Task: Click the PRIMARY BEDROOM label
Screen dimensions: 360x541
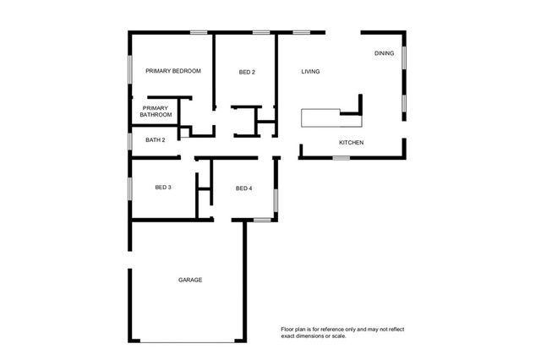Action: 173,71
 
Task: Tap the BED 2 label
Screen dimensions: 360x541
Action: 247,72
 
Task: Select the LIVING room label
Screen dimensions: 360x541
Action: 310,72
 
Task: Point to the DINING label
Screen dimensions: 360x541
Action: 384,53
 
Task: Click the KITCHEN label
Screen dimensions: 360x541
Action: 351,143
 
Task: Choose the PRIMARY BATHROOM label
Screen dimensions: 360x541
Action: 156,112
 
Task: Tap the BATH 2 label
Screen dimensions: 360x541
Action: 156,139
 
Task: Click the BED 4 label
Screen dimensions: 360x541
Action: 243,188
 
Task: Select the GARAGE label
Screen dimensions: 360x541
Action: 189,280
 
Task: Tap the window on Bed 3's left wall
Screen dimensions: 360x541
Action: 129,188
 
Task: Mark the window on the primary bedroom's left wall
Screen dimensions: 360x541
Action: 129,69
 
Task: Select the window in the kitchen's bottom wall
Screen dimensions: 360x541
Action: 342,157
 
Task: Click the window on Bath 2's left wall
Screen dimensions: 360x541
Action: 129,140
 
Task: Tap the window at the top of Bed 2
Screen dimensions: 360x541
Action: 261,33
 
